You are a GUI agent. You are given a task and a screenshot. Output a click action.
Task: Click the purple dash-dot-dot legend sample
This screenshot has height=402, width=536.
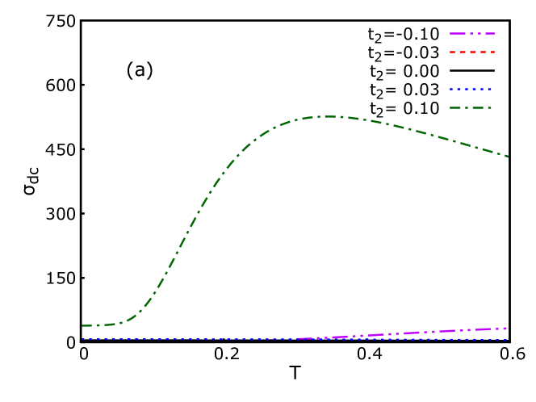click(472, 34)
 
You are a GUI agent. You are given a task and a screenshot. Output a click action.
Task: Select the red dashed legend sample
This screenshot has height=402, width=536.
click(472, 52)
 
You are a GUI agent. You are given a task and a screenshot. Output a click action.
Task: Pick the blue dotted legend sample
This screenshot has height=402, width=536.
click(471, 89)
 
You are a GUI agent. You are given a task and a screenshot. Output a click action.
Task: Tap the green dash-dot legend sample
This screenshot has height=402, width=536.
click(471, 107)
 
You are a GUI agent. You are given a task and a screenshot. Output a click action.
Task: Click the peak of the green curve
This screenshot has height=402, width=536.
click(329, 116)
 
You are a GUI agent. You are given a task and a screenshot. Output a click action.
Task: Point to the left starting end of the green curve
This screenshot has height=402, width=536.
click(82, 325)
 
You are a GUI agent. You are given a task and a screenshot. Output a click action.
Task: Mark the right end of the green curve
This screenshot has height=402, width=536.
click(508, 156)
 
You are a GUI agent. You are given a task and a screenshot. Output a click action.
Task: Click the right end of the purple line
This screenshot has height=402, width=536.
click(506, 329)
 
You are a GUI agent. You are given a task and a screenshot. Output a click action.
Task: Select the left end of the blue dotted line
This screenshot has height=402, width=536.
click(82, 339)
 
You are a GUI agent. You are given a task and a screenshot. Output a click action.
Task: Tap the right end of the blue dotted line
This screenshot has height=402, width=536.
click(506, 339)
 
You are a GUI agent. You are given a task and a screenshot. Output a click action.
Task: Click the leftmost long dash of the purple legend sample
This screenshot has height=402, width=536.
click(458, 34)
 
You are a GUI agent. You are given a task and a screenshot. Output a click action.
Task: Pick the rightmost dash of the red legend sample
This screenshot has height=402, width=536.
click(491, 52)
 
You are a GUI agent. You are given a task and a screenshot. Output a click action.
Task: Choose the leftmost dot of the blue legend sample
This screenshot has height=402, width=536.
click(451, 89)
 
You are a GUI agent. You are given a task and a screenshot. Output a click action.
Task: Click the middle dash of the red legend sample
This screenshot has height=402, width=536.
click(472, 52)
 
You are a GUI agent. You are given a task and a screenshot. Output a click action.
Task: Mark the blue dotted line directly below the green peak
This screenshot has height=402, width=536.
click(329, 339)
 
